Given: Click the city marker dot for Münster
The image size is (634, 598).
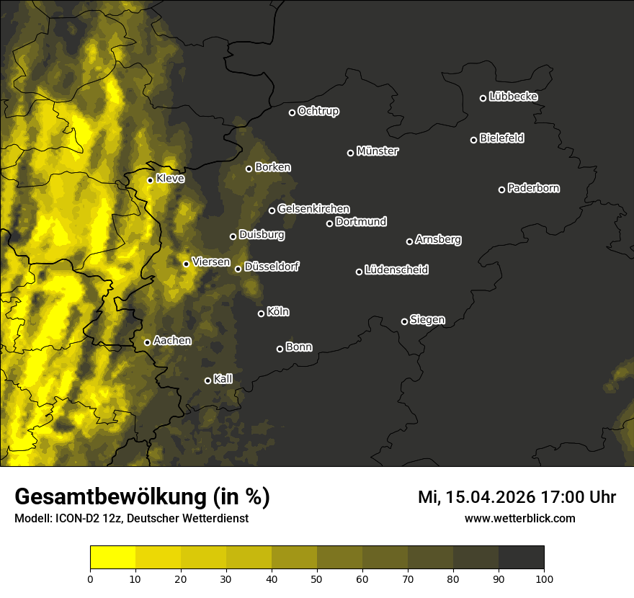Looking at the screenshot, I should (x=351, y=153).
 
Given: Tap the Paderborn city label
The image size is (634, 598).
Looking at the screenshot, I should (x=534, y=188).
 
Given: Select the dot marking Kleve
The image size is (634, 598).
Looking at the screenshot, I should (x=150, y=180).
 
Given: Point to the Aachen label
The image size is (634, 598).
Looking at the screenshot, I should (x=172, y=341).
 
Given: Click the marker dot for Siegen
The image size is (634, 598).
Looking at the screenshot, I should (x=404, y=321).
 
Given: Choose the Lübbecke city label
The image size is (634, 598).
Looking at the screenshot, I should (x=513, y=97).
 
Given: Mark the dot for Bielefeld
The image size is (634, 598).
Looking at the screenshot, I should (x=473, y=140).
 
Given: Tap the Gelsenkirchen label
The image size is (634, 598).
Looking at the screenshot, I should (x=313, y=209).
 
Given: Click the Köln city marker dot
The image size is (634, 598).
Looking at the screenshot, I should (x=261, y=313).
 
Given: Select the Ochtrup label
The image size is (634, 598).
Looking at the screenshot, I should (x=318, y=111).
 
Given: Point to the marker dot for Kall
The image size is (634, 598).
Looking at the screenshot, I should (x=207, y=380).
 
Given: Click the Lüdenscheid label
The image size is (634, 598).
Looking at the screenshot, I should (x=396, y=270).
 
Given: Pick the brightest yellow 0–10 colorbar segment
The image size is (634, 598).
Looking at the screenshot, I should (x=112, y=558).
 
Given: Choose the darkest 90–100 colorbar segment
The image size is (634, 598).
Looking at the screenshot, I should (x=521, y=558).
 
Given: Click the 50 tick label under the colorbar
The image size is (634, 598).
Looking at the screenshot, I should (x=317, y=578).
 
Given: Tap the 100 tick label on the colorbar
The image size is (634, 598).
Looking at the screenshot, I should (x=544, y=578).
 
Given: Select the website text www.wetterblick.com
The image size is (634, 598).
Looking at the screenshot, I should (x=519, y=518).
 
